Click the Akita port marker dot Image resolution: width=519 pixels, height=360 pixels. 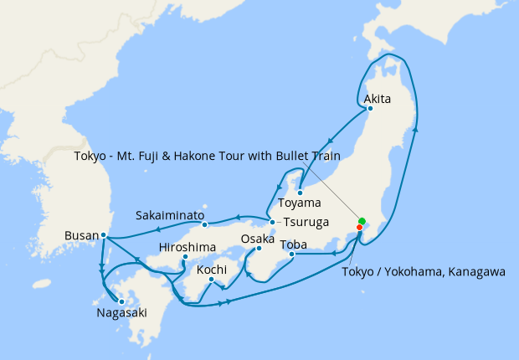tap(369, 108)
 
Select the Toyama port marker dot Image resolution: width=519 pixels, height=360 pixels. tap(300, 193)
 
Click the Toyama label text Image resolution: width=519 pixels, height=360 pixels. tap(300, 203)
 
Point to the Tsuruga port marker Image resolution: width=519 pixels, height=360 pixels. tap(273, 222)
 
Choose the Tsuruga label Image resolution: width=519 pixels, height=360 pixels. tap(306, 223)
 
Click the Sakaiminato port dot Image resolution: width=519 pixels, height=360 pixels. tap(204, 224)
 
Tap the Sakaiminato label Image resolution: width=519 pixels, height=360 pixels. tap(171, 215)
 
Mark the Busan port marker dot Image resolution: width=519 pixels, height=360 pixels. tap(103, 235)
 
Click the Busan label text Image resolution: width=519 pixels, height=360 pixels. tap(81, 236)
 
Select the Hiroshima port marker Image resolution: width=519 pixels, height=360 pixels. tap(184, 257)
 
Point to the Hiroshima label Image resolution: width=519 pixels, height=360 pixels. tap(188, 248)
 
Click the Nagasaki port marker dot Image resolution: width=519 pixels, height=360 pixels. tap(121, 301)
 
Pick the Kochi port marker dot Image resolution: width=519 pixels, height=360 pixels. tap(211, 280)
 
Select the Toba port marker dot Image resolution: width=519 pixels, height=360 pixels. tap(290, 254)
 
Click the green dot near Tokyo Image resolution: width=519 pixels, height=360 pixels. tap(362, 221)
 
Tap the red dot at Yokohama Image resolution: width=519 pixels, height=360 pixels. tap(360, 227)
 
